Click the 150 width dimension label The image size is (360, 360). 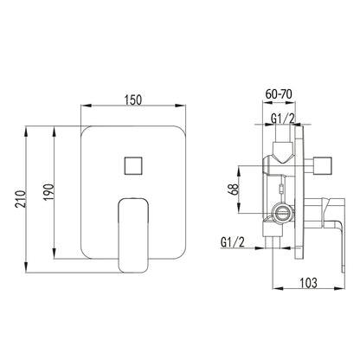[133, 100]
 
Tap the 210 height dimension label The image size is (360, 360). [21, 198]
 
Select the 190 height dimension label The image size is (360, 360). [48, 192]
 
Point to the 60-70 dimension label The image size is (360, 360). [279, 94]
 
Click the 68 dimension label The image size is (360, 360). [235, 190]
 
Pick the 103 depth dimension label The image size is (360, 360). [308, 283]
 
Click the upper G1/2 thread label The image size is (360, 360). [283, 119]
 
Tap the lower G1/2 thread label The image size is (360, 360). [233, 242]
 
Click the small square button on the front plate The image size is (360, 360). [133, 165]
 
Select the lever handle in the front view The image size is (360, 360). [133, 235]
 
